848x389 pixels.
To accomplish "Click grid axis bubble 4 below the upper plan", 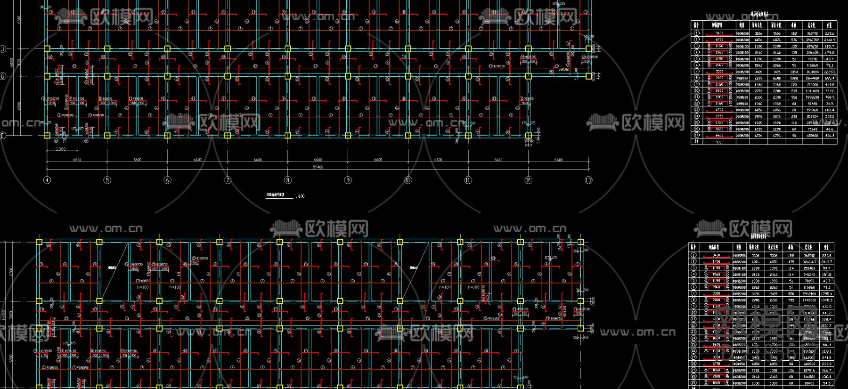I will tap(47, 180).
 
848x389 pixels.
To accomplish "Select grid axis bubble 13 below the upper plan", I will tap(588, 180).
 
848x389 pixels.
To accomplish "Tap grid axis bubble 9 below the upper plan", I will tap(348, 180).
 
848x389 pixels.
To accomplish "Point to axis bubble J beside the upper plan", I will tap(3, 49).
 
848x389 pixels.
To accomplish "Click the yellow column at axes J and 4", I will tap(47, 49).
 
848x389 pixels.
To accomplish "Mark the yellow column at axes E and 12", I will tap(528, 136).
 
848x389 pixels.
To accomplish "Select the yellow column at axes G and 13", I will tap(588, 75).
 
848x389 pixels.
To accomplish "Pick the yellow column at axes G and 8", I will tap(288, 75).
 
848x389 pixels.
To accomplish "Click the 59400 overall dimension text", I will tap(318, 167).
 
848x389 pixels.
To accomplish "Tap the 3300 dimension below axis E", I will tap(61, 149).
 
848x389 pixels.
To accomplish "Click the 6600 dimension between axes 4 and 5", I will tap(77, 160).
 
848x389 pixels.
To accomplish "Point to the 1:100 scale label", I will tap(300, 196).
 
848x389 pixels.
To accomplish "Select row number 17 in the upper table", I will tap(696, 135).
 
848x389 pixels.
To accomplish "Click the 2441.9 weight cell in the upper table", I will tap(829, 40).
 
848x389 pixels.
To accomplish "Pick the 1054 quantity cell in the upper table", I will tap(794, 72).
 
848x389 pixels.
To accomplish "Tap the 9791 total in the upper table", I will tap(719, 141).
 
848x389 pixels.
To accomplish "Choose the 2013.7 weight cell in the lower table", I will tap(826, 262).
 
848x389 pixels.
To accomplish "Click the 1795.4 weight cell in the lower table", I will tap(826, 293).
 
